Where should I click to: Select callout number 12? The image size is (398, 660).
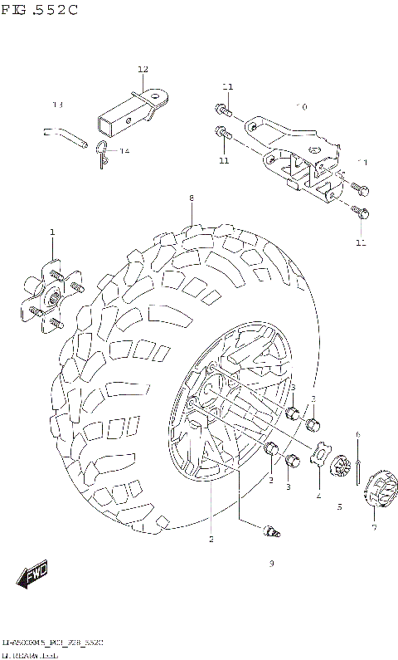coord(143,69)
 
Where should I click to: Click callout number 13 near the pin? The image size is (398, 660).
coord(57,105)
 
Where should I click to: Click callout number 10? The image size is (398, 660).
coord(301,107)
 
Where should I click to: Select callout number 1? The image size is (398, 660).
coord(51,232)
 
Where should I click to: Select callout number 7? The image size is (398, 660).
coord(374,527)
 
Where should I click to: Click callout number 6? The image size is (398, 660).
coord(357,434)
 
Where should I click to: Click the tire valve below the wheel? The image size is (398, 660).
coord(269,532)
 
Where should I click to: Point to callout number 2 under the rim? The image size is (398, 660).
coord(211,539)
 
